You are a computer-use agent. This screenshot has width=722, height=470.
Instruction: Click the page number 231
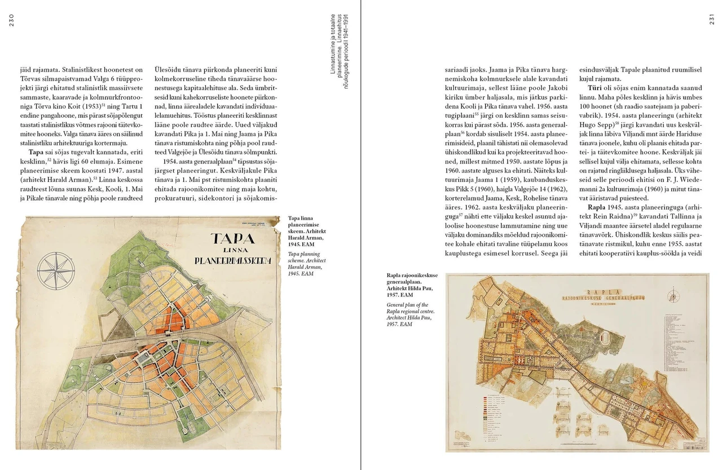point(712,20)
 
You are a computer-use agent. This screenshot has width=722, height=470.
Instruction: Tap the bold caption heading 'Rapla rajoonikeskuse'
point(412,275)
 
